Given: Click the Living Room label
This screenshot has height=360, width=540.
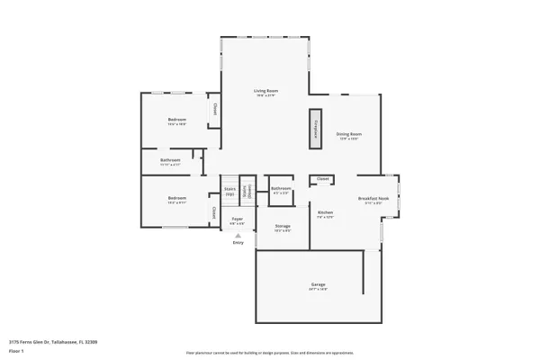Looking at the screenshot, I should tap(265, 91).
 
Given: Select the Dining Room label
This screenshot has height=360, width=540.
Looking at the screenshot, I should tap(348, 134).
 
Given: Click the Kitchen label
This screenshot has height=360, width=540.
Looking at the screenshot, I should tap(325, 213).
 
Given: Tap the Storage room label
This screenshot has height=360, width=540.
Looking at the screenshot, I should tap(282, 226).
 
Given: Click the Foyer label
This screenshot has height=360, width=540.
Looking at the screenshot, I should tap(238, 219).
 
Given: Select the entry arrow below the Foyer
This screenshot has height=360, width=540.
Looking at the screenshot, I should tap(238, 235).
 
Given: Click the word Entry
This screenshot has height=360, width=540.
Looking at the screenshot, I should tap(238, 243).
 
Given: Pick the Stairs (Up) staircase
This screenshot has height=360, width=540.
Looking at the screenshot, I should tap(229, 190).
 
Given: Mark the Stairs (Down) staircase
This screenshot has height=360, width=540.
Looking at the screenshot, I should tap(249, 190).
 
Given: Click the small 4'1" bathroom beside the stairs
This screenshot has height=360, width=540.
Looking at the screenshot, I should tap(280, 189).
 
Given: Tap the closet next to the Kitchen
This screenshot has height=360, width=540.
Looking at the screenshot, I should tap(322, 179).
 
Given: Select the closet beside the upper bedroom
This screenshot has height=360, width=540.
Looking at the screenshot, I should tap(214, 109).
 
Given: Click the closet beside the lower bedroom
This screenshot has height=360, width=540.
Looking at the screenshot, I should tap(214, 212).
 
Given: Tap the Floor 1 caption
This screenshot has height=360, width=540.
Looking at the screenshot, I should tap(16, 350).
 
